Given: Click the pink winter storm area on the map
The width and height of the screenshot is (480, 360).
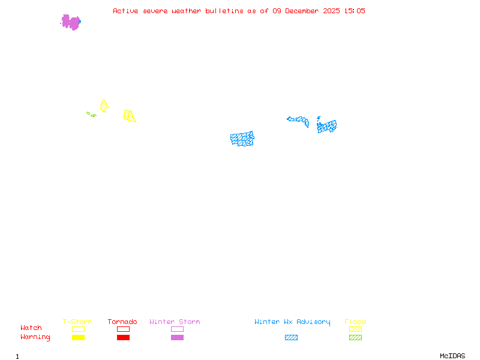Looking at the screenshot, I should (71, 22).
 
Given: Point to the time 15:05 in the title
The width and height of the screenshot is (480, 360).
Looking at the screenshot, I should (353, 11).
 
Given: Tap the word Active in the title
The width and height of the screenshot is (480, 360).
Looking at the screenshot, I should (125, 11).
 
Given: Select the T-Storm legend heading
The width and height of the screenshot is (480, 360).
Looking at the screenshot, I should (77, 322).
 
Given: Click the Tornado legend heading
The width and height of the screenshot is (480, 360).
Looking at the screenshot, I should (122, 322).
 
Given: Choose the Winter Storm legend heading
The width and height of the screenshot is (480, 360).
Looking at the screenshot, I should (175, 322).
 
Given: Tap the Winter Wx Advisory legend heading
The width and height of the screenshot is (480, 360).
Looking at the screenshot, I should (292, 322).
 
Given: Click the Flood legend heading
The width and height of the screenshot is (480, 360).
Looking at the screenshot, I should (355, 322).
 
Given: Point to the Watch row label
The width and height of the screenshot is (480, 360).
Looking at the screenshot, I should (31, 328).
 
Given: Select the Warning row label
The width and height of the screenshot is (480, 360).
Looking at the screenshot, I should (35, 337).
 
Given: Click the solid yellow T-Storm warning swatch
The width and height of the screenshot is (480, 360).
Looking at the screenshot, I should (78, 337).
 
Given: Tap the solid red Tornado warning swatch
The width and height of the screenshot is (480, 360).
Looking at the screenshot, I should (123, 337).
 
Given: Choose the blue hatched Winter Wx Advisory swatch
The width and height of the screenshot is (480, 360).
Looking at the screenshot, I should (291, 337).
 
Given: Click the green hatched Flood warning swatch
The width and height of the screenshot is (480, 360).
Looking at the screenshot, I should (355, 337).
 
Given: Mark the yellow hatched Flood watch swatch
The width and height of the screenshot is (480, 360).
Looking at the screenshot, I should (355, 329).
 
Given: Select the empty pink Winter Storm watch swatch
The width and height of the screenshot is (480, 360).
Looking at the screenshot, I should (177, 329).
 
